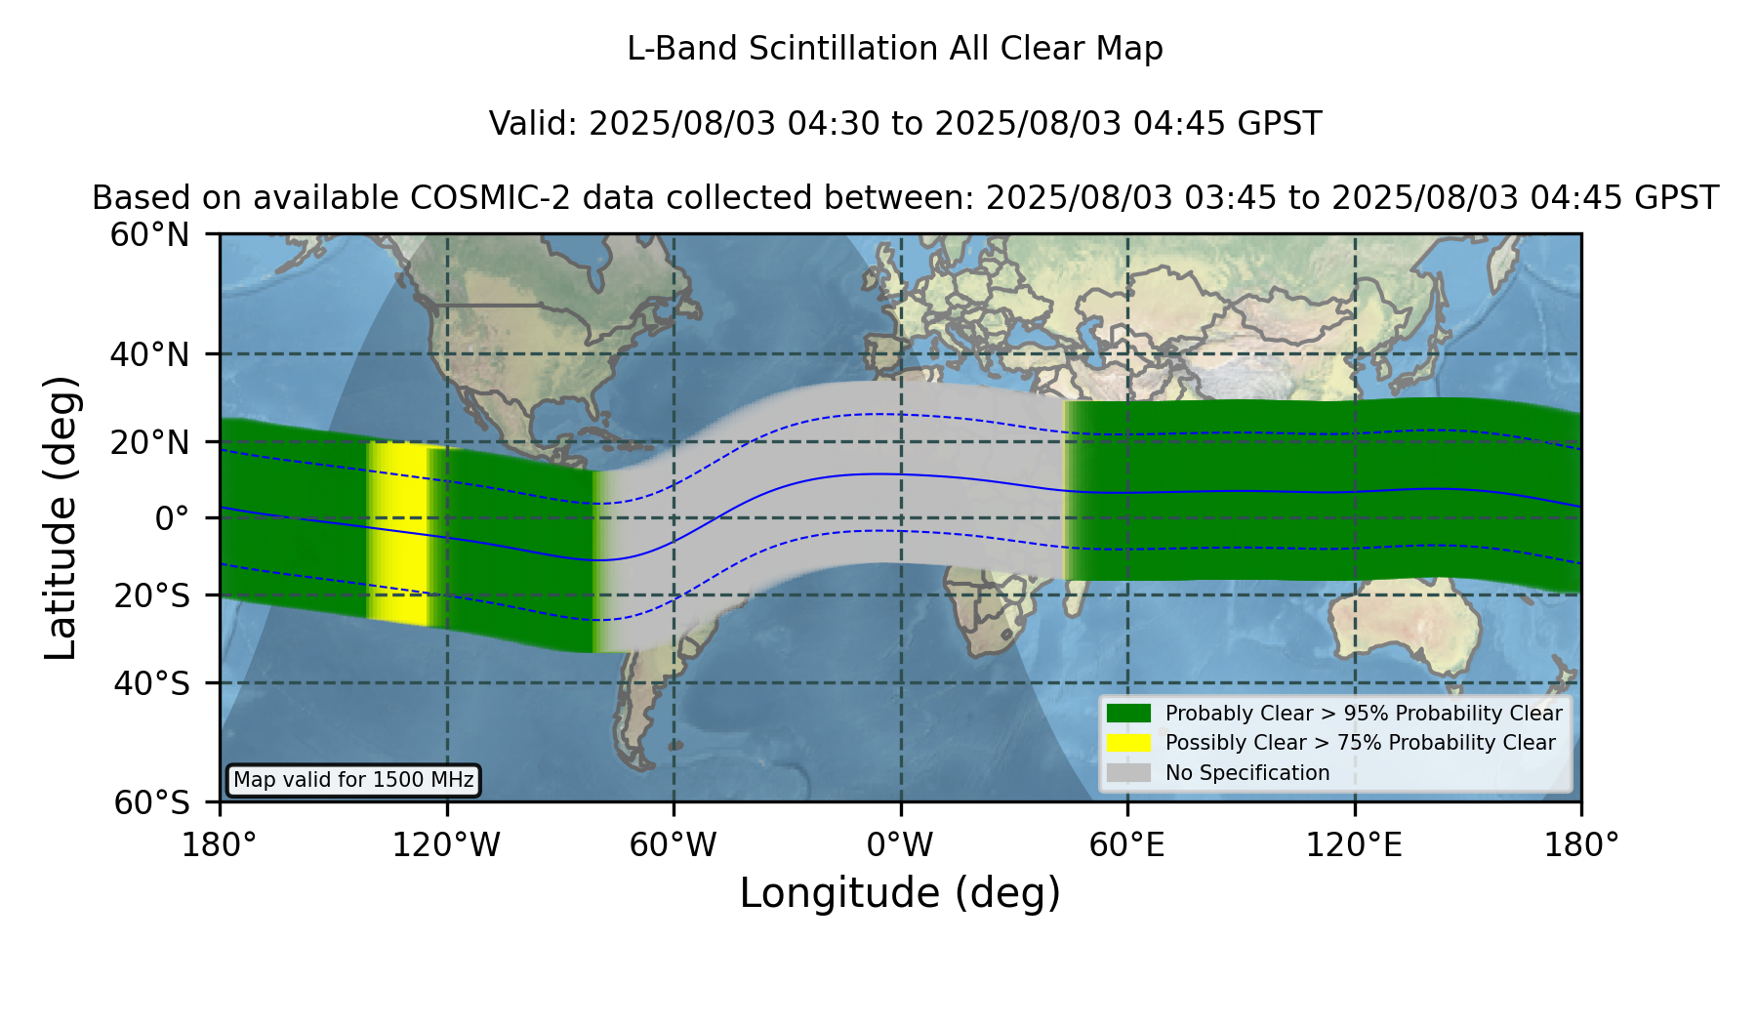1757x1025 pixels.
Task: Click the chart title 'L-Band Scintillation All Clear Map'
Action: coord(894,49)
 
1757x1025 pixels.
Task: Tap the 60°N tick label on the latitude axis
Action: coord(149,235)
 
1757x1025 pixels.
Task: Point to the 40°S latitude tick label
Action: coord(151,683)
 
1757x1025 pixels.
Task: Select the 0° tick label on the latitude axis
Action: coord(172,518)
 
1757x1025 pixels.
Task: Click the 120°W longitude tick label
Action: coord(446,845)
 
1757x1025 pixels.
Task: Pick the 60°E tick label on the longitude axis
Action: coord(1127,845)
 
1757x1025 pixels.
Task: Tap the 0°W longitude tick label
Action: coord(900,845)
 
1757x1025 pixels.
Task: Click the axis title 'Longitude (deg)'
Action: coord(900,893)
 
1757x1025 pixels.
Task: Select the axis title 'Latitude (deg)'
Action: coord(61,517)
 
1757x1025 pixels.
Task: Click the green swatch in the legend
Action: coord(1129,713)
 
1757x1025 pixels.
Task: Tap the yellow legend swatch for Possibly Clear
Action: coord(1129,743)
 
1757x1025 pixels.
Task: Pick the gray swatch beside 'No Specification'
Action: coord(1129,773)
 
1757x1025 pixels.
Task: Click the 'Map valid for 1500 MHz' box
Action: coord(353,780)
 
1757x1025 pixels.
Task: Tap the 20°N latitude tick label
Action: coord(149,442)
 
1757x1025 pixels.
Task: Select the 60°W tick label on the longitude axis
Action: coord(674,845)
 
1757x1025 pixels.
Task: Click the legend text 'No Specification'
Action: coord(1247,773)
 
